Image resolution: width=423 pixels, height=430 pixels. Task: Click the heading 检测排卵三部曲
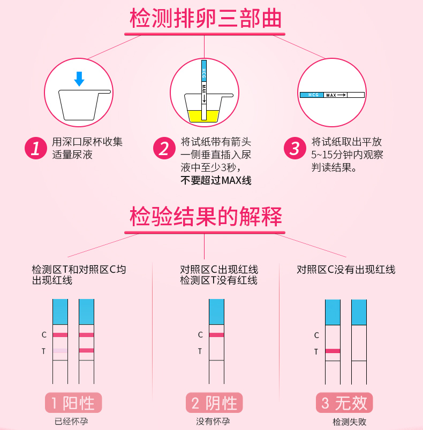tap(206, 18)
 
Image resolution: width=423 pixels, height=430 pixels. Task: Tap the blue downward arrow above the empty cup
tap(79, 79)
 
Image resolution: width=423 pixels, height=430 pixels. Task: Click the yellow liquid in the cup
tap(203, 116)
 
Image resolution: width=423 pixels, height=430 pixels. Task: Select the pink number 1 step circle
tap(36, 148)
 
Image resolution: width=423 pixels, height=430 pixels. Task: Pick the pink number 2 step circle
tap(164, 148)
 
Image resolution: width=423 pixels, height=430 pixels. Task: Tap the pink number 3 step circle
tap(295, 148)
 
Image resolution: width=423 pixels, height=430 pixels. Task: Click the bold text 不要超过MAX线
tap(216, 180)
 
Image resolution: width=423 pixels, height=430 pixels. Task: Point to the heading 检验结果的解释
tap(206, 217)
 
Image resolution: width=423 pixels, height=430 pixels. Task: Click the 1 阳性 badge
tap(73, 403)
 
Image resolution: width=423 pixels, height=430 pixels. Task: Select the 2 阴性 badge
tap(214, 403)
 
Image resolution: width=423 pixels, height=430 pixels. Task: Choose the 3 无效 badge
tap(344, 403)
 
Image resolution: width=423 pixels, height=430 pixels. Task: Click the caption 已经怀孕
tap(71, 421)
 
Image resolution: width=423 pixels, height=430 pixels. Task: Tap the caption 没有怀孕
tap(213, 421)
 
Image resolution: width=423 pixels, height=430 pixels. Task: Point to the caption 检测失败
tap(350, 421)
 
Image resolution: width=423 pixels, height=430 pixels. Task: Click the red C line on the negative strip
tap(216, 335)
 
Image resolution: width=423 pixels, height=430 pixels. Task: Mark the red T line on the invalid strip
tap(333, 351)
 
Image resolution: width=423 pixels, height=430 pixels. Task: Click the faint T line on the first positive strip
tap(60, 350)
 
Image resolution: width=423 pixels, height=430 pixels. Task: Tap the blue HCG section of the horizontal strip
tap(312, 95)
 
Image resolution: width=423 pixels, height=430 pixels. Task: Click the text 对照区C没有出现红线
tap(346, 270)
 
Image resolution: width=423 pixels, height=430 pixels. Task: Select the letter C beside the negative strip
tap(200, 335)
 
